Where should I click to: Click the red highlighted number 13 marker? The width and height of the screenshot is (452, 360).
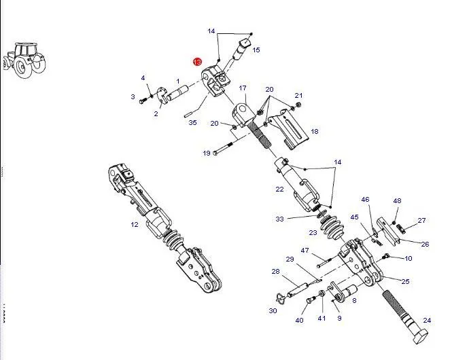(198, 62)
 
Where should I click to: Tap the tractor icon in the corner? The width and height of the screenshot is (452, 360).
(24, 60)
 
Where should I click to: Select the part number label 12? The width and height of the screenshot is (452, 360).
(135, 225)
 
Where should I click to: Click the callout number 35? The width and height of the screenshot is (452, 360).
(192, 123)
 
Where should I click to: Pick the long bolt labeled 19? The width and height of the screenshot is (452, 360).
(226, 149)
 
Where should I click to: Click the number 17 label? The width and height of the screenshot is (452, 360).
(243, 88)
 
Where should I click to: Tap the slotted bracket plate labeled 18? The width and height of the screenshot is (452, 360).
(288, 130)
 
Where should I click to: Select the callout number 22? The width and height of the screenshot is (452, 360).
(279, 190)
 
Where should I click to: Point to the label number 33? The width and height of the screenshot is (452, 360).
(279, 219)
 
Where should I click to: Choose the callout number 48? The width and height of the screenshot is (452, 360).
(397, 200)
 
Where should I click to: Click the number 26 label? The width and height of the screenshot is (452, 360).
(425, 245)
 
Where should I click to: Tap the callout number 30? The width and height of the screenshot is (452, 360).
(273, 310)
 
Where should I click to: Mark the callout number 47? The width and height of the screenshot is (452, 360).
(305, 250)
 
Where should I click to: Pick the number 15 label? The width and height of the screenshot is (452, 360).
(256, 50)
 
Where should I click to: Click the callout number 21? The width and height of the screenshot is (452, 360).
(298, 95)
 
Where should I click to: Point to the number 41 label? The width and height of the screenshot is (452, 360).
(321, 319)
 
